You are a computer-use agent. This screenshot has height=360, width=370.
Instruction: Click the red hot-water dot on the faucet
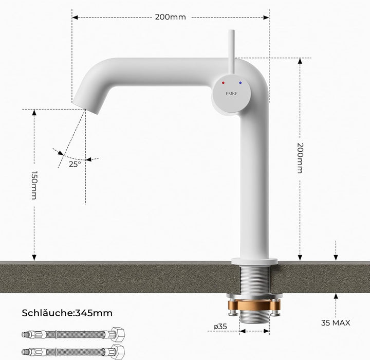tap(223, 83)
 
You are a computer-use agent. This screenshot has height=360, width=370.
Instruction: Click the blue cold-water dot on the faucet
tap(240, 83)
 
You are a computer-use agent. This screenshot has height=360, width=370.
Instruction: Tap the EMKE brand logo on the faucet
tap(231, 94)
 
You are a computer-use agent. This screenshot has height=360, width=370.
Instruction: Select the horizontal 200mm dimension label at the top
tap(171, 17)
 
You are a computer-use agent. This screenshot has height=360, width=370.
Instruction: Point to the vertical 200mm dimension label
tap(300, 158)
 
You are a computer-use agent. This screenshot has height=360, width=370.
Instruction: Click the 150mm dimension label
tap(34, 185)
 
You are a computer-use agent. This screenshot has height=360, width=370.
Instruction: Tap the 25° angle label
tap(75, 164)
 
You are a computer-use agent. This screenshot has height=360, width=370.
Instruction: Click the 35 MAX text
tap(336, 322)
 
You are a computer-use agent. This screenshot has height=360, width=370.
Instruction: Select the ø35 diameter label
tap(220, 327)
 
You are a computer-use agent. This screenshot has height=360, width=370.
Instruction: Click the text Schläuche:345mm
tap(67, 313)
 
